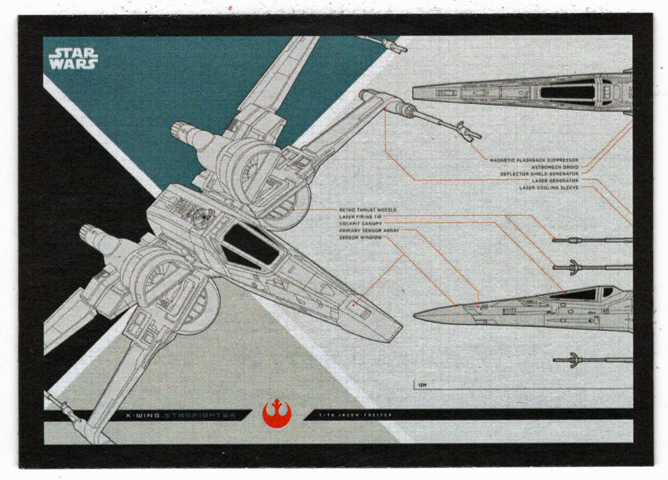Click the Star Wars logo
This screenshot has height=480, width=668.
[73, 57]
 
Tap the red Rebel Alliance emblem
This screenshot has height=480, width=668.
[276, 415]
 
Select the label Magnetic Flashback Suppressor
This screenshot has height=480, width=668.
[534, 160]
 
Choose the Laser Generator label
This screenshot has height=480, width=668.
[555, 181]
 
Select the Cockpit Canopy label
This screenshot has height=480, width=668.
[360, 223]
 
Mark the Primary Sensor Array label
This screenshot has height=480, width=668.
[369, 231]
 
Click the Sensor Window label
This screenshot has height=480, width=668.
[357, 238]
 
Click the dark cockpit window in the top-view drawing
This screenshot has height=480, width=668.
[567, 92]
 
